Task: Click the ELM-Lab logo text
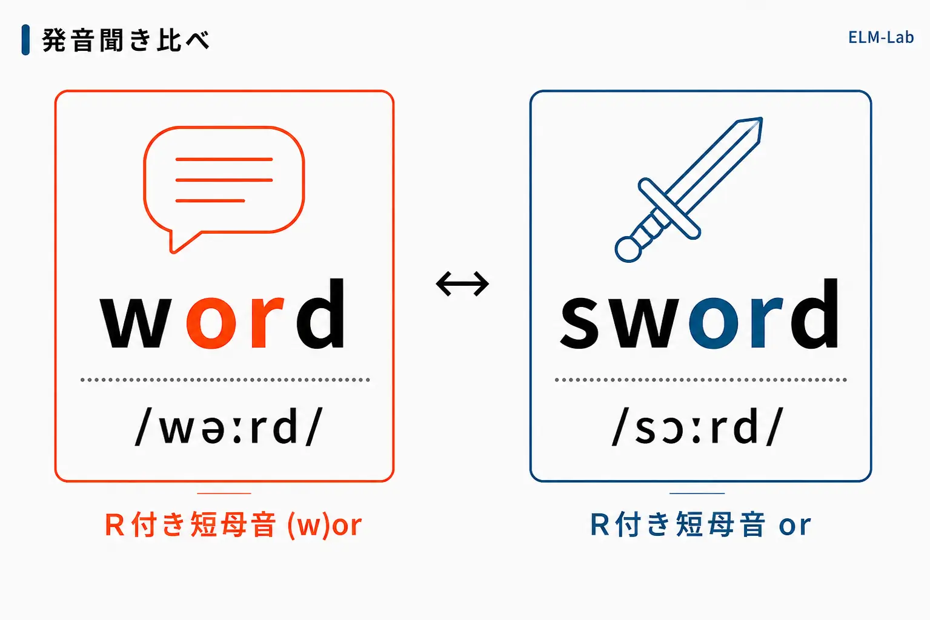pos(880,38)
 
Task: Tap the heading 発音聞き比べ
pos(126,40)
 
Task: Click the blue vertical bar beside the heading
pos(25,40)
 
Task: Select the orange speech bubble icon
pos(224,190)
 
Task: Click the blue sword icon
pos(689,190)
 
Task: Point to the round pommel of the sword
pos(628,249)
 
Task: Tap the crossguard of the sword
pos(669,209)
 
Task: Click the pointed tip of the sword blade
pos(762,119)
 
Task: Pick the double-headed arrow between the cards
pos(462,284)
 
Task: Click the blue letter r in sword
pos(766,322)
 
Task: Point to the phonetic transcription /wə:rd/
pos(229,426)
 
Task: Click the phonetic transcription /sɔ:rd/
pos(698,426)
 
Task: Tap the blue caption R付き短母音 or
pos(700,525)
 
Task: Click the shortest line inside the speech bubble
pos(210,201)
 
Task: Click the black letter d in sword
pos(814,313)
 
